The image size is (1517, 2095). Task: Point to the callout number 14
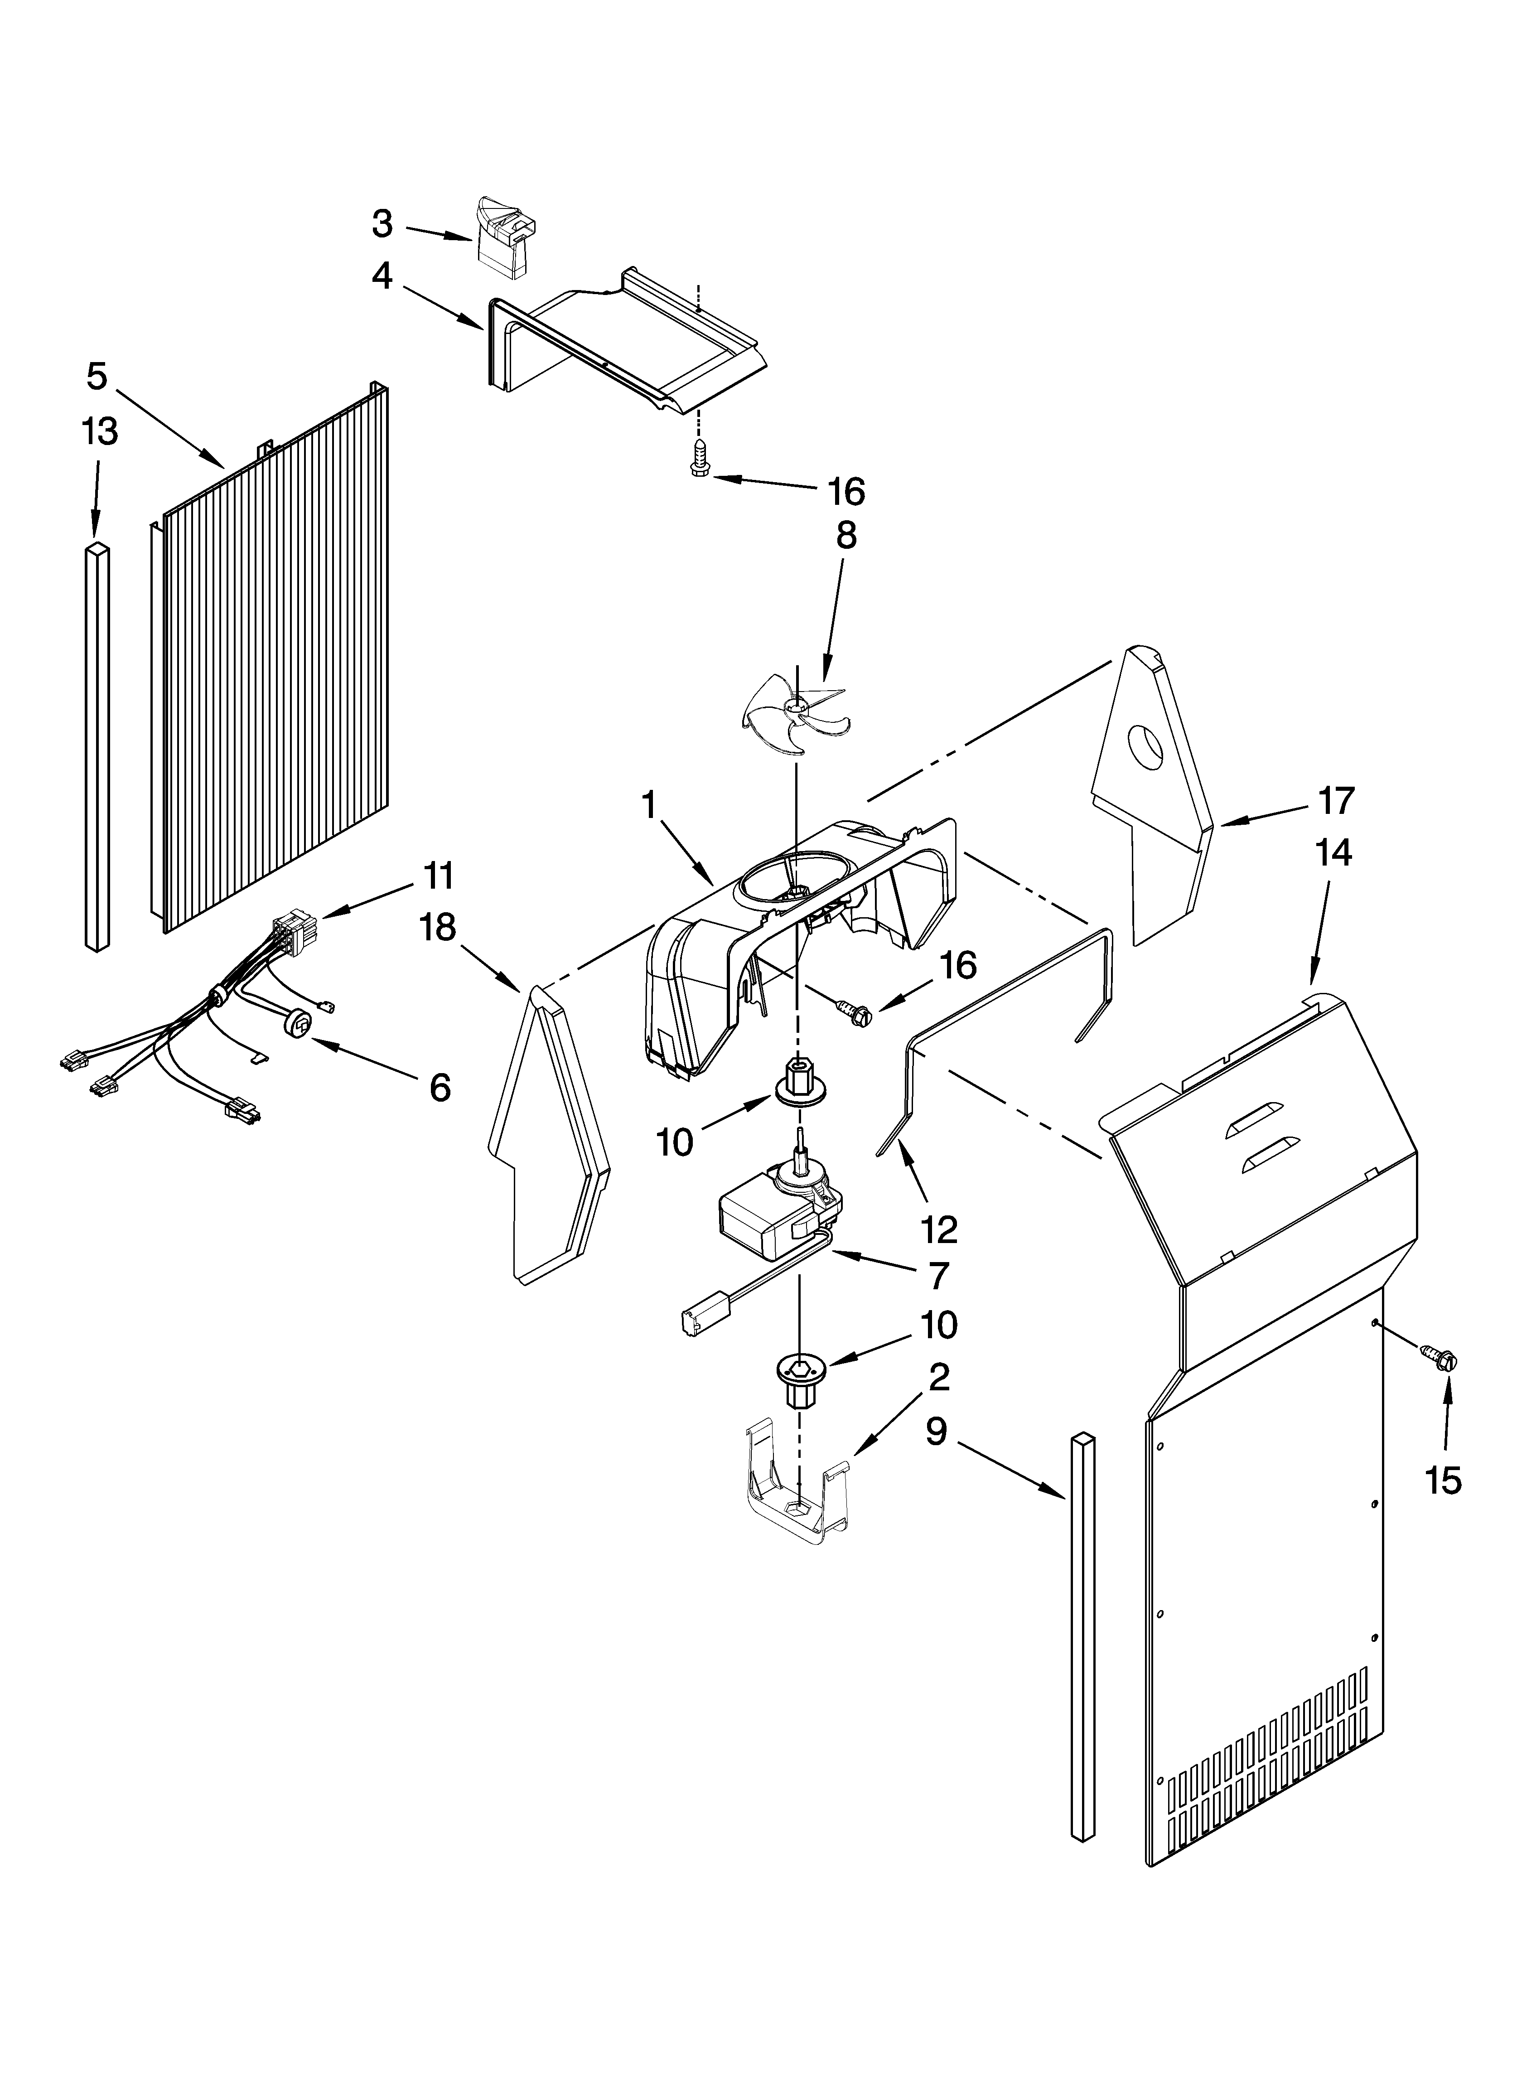tap(1333, 852)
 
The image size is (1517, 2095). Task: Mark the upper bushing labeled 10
tap(795, 1084)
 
